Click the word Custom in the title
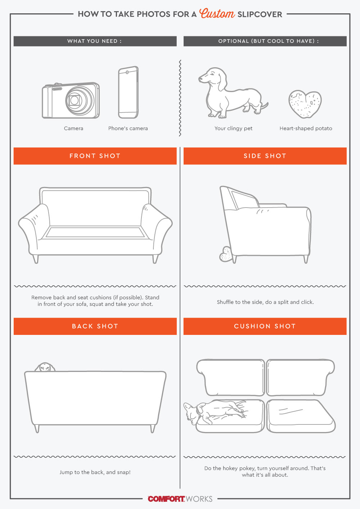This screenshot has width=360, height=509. pos(217,14)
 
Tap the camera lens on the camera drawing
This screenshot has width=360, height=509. pos(75,100)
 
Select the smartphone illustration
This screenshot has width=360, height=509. pos(128,92)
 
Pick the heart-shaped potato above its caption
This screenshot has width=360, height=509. pos(305,104)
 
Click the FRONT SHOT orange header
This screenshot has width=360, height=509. pos(95,156)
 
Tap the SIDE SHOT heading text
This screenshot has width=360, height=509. pos(265,156)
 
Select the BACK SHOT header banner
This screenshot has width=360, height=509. pos(95,326)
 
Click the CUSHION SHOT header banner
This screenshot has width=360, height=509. pos(265,326)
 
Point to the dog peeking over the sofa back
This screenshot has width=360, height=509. pos(45,367)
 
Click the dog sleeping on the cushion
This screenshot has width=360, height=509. pos(216,412)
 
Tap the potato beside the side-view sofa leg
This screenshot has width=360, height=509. pos(226,254)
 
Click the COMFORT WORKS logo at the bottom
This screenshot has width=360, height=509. pos(180,499)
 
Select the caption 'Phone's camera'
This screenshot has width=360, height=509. pos(128,128)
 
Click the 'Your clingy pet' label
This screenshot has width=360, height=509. pos(233,128)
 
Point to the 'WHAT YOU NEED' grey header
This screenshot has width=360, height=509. pos(95,41)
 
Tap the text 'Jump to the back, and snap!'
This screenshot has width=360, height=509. pos(95,472)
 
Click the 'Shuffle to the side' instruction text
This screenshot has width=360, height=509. pos(265,302)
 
